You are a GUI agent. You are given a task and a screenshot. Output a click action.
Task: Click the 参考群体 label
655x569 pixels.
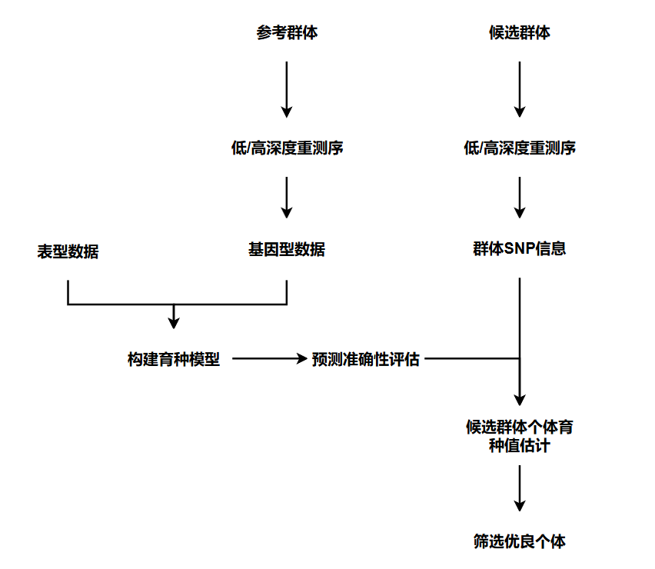287,33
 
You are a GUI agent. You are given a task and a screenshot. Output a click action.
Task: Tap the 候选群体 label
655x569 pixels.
520,33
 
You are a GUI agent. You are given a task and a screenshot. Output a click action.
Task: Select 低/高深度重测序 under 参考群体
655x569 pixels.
287,148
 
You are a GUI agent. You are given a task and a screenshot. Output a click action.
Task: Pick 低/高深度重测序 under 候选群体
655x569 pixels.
520,148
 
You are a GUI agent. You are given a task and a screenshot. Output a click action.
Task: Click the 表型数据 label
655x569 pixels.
68,251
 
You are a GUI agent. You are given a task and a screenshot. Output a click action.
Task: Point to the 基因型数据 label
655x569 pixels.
287,249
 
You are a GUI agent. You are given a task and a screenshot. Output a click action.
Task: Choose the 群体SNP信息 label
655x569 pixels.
520,249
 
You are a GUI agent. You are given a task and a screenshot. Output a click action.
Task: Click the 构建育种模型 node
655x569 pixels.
174,359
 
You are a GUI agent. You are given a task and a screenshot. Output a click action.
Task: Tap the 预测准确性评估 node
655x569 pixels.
366,359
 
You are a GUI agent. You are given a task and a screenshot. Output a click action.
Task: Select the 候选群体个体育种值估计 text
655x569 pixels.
520,436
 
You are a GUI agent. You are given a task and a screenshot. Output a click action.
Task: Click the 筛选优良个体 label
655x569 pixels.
520,541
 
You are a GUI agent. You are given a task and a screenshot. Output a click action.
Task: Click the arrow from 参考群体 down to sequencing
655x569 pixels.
287,88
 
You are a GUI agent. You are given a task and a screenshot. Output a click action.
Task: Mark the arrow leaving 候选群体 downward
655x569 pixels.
520,88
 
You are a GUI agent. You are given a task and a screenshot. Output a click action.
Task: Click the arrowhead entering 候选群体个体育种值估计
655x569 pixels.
520,399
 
